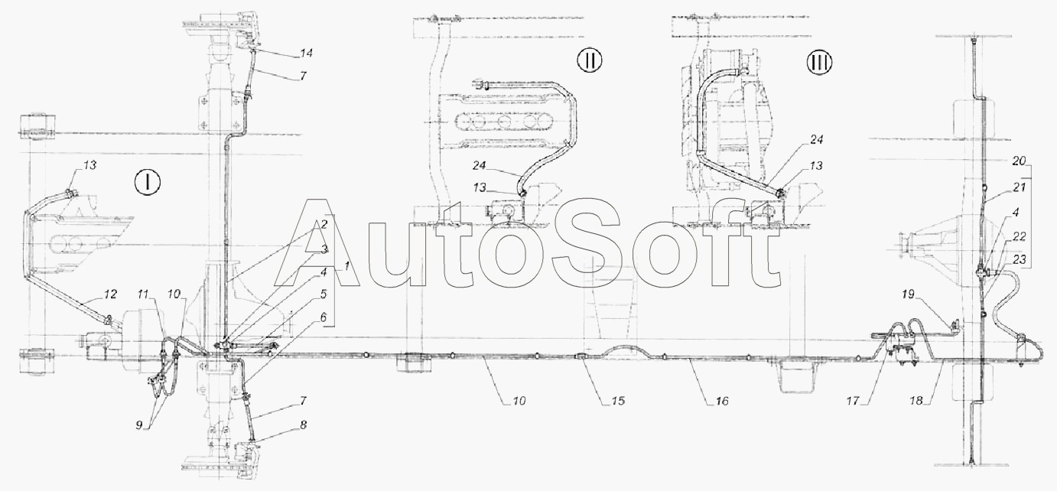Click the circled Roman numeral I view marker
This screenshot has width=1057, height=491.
pos(148,182)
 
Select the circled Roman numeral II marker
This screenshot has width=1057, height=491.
pos(590,61)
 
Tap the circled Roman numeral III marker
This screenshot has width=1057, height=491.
pos(819,62)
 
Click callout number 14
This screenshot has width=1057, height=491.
pos(306,53)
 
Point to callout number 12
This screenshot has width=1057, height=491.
pos(110,294)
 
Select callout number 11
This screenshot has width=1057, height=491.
pos(142,294)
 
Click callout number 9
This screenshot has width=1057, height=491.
pos(138,425)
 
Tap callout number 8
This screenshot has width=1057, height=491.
pos(303,425)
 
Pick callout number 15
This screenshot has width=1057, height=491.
pos(618,401)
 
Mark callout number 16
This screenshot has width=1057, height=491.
pos(722,401)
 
